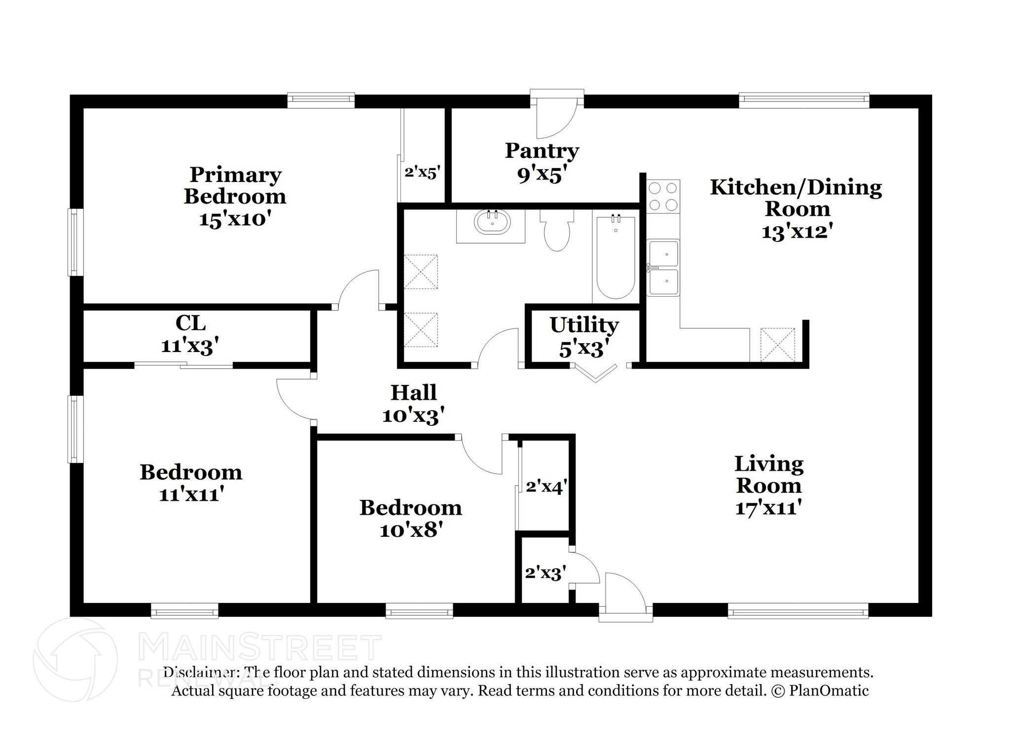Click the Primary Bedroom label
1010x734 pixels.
(x=235, y=197)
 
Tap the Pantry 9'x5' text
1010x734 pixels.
(x=541, y=162)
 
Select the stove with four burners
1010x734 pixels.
(x=663, y=196)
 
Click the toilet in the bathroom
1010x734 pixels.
(x=557, y=231)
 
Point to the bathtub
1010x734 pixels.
(x=615, y=257)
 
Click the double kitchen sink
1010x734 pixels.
(x=664, y=268)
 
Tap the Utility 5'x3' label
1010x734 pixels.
(x=584, y=337)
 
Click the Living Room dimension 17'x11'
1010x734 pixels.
(x=768, y=508)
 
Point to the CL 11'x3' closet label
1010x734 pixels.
(x=190, y=335)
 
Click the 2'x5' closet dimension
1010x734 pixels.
(x=422, y=173)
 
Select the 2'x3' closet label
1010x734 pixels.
(x=545, y=573)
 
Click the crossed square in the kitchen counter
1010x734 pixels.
(x=778, y=345)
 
